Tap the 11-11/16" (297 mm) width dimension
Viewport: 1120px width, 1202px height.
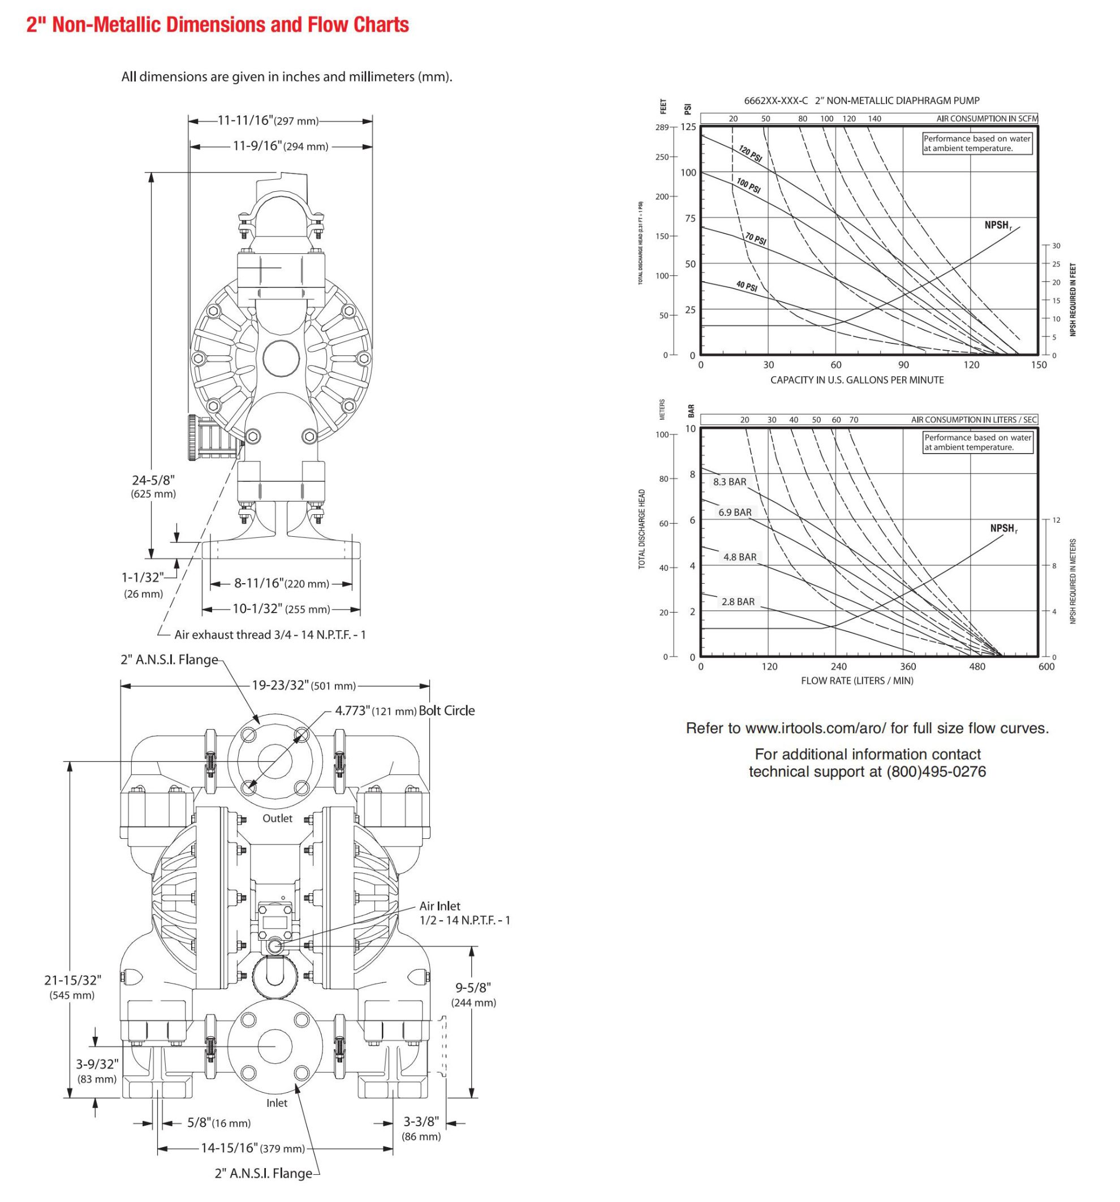coord(268,120)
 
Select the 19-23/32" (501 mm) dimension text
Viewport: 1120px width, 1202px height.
coord(304,685)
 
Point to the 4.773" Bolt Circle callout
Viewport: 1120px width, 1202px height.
coord(404,710)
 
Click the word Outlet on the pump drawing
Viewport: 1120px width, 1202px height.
coord(277,818)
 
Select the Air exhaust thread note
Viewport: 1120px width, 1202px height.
coord(270,634)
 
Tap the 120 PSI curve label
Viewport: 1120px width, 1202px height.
coord(750,154)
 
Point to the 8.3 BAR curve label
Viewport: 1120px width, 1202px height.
coord(729,482)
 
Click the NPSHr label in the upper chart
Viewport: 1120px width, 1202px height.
coord(997,226)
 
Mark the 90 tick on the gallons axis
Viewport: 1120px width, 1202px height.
coord(903,365)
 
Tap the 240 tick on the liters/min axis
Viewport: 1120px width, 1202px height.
coord(838,666)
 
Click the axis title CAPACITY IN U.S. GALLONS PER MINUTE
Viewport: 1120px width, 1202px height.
coord(856,380)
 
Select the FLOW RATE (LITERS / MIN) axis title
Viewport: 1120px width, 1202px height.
coord(857,681)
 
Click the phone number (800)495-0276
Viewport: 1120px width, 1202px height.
coord(936,772)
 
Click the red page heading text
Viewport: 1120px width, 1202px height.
coord(218,25)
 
